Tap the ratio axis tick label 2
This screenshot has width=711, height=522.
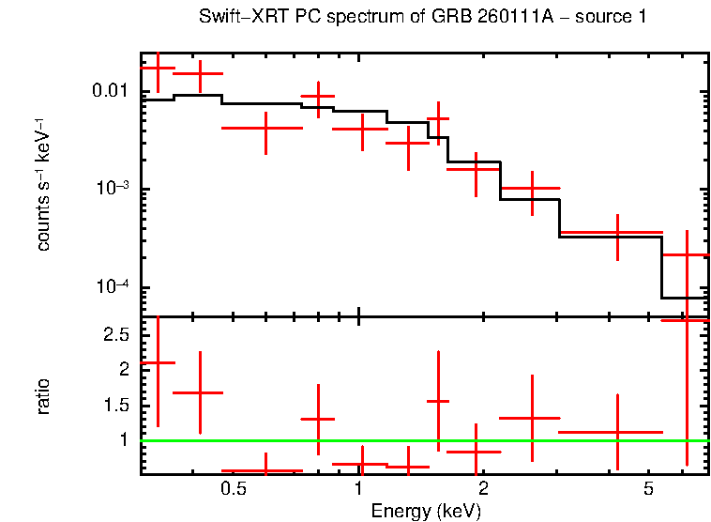125,370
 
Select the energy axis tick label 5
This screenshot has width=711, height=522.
648,491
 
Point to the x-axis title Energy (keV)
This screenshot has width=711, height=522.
426,512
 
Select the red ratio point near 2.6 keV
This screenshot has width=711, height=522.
532,418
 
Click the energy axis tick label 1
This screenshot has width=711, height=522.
359,491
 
